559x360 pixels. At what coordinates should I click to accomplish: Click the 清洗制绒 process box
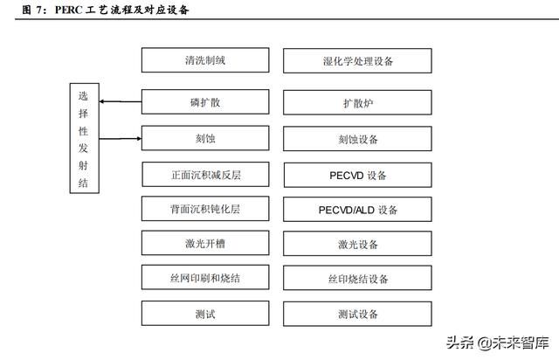click(x=205, y=60)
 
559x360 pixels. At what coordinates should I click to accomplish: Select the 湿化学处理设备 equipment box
click(x=357, y=61)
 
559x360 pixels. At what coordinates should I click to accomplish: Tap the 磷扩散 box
click(x=205, y=102)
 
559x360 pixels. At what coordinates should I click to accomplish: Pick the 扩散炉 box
click(x=357, y=103)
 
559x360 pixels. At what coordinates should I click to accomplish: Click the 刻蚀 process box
click(x=205, y=138)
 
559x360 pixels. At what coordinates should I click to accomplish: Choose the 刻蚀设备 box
click(x=357, y=139)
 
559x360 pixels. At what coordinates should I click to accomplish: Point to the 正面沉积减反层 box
click(x=206, y=175)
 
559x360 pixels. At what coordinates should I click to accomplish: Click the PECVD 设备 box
click(x=358, y=175)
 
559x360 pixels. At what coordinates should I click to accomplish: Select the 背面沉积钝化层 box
click(x=205, y=209)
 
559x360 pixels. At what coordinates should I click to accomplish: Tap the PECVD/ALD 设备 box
click(x=357, y=210)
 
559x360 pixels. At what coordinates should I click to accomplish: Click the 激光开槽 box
click(x=205, y=243)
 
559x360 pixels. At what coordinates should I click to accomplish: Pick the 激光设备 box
click(x=357, y=244)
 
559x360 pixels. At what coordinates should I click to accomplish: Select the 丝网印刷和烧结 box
click(x=205, y=277)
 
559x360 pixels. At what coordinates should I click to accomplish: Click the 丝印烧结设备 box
click(x=357, y=278)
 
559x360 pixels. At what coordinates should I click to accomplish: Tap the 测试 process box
click(x=205, y=314)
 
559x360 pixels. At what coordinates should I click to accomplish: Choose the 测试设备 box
click(x=357, y=314)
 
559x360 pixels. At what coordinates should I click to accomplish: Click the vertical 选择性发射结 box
click(x=85, y=138)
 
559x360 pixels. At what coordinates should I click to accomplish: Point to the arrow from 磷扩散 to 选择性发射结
click(x=121, y=101)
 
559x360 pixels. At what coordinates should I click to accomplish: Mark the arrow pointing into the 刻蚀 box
click(x=121, y=138)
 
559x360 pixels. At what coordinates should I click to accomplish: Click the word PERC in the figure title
click(x=69, y=10)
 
